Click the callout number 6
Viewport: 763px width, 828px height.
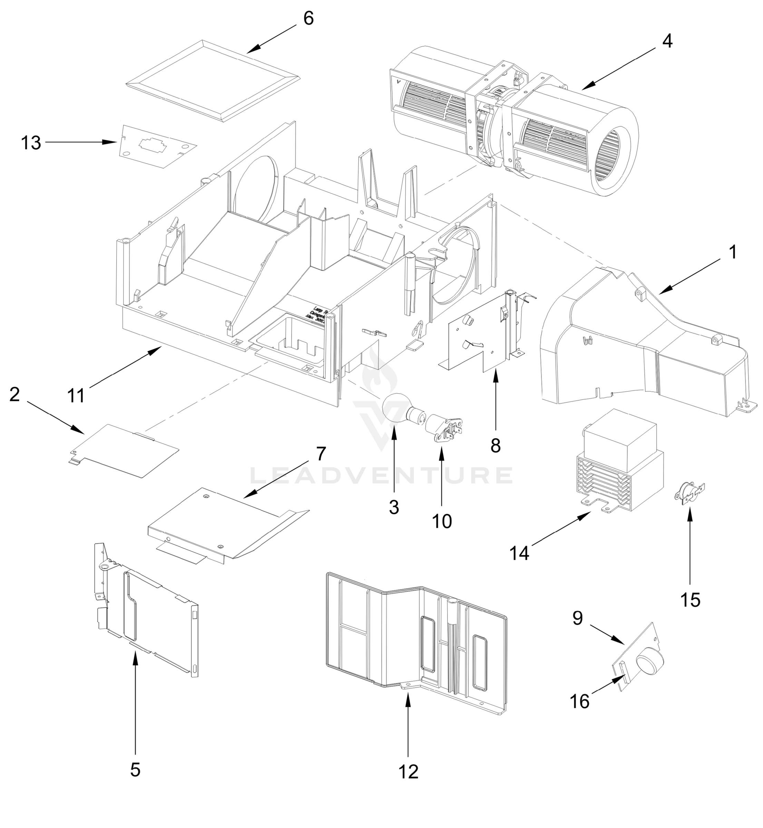309,19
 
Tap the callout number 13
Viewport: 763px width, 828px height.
31,143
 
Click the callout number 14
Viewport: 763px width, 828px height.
519,553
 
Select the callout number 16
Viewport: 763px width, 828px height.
580,701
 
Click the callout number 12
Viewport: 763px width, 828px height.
408,771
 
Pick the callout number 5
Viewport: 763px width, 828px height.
135,769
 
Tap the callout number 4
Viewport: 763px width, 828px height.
667,41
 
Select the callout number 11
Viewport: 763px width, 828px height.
76,395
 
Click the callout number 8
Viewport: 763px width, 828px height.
496,445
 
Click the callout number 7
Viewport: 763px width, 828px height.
321,454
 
